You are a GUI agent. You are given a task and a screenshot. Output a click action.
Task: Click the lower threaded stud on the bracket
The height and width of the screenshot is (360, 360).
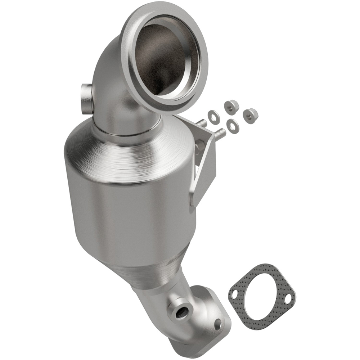pos(221,134)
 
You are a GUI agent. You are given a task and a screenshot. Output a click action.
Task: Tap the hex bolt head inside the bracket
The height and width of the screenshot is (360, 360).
pos(201,147)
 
